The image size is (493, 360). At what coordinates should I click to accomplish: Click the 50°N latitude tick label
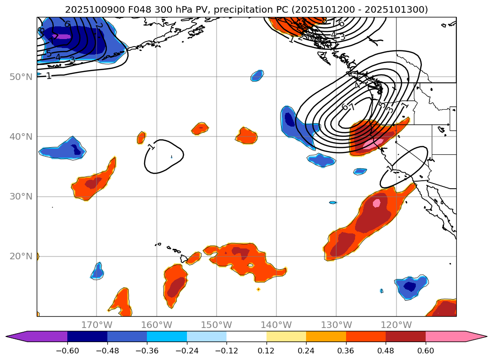20,77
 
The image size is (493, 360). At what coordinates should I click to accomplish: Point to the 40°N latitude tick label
20,136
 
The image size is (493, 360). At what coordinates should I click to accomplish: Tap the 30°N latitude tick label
20,197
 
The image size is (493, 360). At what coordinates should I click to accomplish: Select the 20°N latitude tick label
20,256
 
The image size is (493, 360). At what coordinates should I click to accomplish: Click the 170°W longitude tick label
97,325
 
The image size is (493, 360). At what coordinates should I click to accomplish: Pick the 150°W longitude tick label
217,325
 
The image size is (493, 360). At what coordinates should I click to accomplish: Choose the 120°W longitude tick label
396,325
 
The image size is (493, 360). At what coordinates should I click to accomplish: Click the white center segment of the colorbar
246,336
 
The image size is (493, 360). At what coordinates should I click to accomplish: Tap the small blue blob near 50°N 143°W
257,75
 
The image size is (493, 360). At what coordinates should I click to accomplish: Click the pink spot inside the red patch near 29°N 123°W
376,203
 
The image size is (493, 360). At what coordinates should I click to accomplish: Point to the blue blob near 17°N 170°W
97,271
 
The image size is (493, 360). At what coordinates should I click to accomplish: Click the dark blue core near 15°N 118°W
410,286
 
